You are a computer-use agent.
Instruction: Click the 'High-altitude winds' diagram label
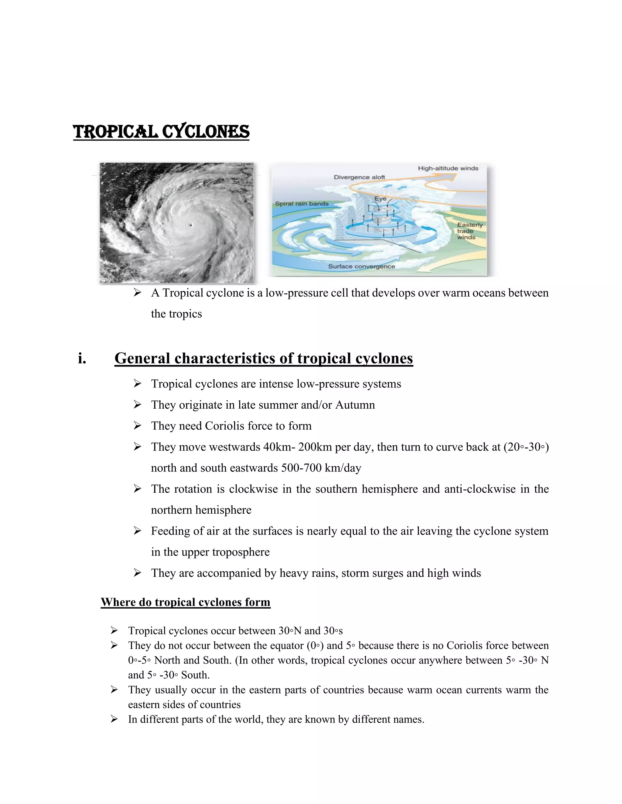click(448, 168)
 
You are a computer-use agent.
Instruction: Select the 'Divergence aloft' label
click(359, 177)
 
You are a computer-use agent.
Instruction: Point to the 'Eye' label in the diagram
click(380, 198)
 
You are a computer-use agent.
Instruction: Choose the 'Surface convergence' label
click(361, 266)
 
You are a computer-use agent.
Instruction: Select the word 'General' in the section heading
click(142, 358)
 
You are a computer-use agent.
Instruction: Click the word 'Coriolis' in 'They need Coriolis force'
click(225, 426)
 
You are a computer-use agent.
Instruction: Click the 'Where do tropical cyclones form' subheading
click(185, 602)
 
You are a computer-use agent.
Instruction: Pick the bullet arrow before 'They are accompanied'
click(138, 573)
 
